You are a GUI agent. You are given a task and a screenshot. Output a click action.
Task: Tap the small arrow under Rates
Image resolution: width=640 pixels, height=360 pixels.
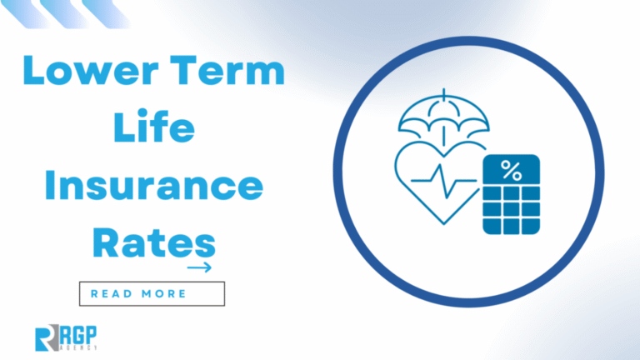point(199,267)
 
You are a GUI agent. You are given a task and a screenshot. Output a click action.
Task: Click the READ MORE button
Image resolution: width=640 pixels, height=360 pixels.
point(152,293)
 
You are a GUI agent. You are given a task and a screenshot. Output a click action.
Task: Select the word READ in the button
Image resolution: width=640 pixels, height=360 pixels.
point(112,293)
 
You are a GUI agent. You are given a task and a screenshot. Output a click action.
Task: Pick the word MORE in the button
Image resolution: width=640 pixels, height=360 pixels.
point(164,293)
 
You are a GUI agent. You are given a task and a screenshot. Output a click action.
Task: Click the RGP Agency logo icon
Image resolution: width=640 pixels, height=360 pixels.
point(46,338)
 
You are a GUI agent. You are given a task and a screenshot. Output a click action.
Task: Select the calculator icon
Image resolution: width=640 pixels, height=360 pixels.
point(511,194)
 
